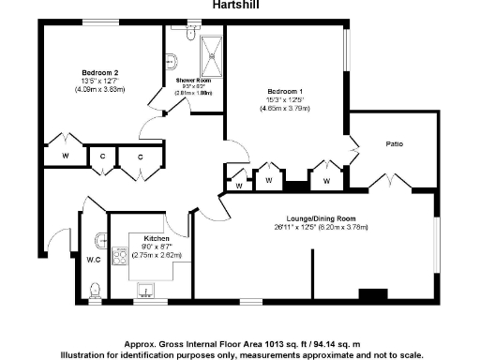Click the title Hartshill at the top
coord(237,5)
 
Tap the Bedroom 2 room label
coord(99,72)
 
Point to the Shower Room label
coord(192,81)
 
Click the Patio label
coord(395,143)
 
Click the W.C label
coord(94,260)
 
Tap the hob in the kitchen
coord(121,254)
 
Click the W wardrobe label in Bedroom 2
coord(67,155)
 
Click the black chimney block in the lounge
coord(372,294)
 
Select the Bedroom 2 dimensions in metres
coord(99,90)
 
